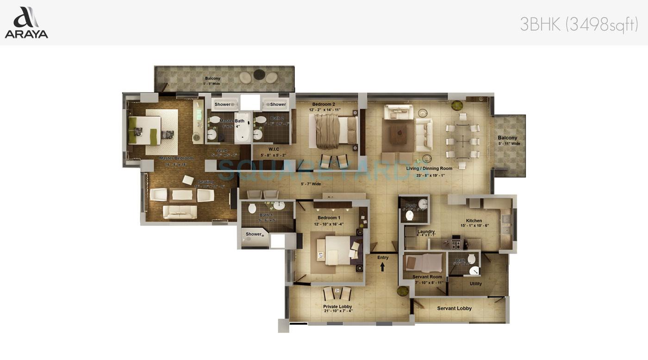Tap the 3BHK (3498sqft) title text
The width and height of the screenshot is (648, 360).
pyautogui.click(x=579, y=24)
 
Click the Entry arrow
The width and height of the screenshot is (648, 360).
pyautogui.click(x=383, y=267)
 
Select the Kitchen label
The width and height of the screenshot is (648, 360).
pyautogui.click(x=474, y=221)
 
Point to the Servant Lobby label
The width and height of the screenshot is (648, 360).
pyautogui.click(x=454, y=308)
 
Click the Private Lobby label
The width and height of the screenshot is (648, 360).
pyautogui.click(x=337, y=307)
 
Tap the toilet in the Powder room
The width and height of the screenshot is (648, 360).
pyautogui.click(x=409, y=215)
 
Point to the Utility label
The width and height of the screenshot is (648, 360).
pyautogui.click(x=475, y=284)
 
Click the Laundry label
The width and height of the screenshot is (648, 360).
pyautogui.click(x=426, y=232)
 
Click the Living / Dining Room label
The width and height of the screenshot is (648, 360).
pyautogui.click(x=429, y=168)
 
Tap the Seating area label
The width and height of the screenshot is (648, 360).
pyautogui.click(x=206, y=182)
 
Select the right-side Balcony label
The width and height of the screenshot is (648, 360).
pyautogui.click(x=507, y=138)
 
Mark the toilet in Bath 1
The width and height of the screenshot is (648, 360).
pyautogui.click(x=252, y=208)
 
